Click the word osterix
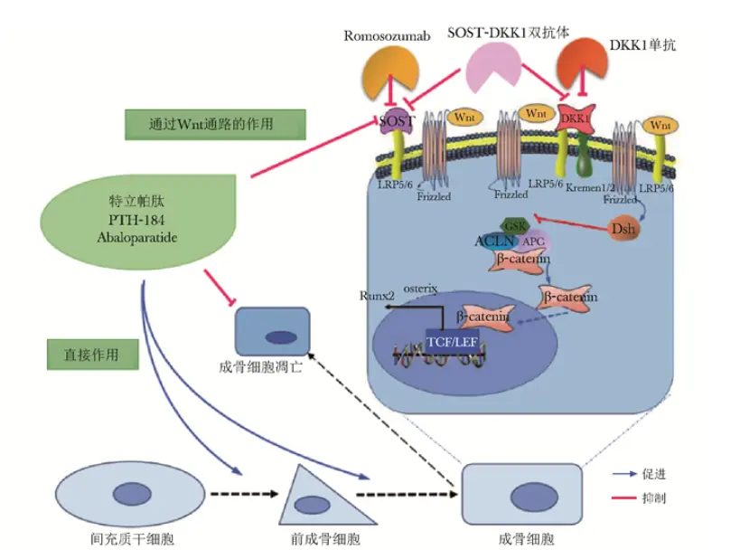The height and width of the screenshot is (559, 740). [420, 288]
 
